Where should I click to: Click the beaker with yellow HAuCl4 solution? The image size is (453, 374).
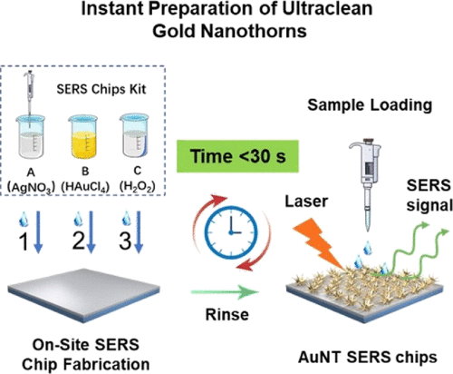pyautogui.click(x=84, y=137)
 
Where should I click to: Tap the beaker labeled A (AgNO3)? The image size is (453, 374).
pyautogui.click(x=30, y=138)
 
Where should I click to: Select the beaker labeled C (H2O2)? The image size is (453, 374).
pyautogui.click(x=134, y=136)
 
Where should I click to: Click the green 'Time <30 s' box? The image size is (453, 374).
pyautogui.click(x=237, y=156)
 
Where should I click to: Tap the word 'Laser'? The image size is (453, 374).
pyautogui.click(x=306, y=202)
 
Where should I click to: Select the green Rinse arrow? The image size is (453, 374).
pyautogui.click(x=225, y=291)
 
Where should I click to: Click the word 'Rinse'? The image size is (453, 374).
pyautogui.click(x=227, y=314)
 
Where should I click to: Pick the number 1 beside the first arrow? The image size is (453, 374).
pyautogui.click(x=24, y=241)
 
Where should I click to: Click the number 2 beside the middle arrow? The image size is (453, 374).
pyautogui.click(x=79, y=241)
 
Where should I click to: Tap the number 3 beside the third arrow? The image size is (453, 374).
pyautogui.click(x=125, y=241)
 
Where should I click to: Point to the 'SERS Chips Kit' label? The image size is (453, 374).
pyautogui.click(x=101, y=89)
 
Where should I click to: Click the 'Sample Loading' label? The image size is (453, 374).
pyautogui.click(x=370, y=105)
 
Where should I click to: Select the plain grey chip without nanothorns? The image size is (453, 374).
pyautogui.click(x=83, y=294)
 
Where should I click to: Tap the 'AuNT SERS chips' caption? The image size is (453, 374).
pyautogui.click(x=368, y=358)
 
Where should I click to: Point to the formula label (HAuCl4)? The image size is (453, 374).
pyautogui.click(x=85, y=187)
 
